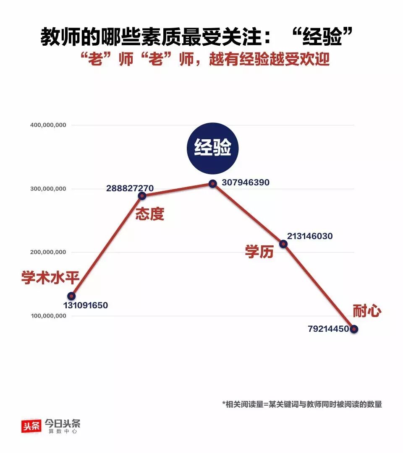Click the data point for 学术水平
tap(71, 296)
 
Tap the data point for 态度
tap(142, 196)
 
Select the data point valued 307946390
tap(213, 183)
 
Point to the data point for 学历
tap(283, 244)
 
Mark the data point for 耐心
tap(354, 329)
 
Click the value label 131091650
tap(86, 306)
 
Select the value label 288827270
tap(130, 188)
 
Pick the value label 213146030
tap(310, 236)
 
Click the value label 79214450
tap(328, 329)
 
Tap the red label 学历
tap(259, 252)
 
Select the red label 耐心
tap(367, 311)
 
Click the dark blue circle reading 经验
tap(213, 148)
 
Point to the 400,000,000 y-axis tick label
tap(48, 125)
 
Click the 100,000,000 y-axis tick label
tap(48, 316)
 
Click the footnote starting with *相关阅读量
tap(302, 404)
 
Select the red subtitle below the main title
tap(206, 59)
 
